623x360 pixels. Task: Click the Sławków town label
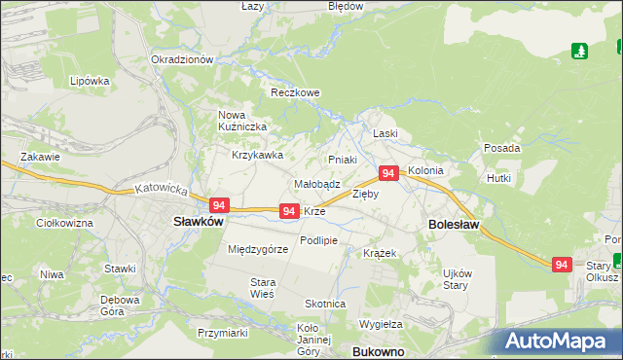click(199, 221)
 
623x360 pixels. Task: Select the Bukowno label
click(377, 351)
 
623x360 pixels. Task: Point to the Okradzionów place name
click(182, 59)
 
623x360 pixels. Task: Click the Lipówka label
click(89, 81)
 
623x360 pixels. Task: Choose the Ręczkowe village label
click(295, 93)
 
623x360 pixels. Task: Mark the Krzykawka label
click(257, 155)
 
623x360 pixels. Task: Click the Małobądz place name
click(316, 183)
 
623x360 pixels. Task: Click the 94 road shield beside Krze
click(288, 211)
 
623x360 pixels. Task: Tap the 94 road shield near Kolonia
click(387, 173)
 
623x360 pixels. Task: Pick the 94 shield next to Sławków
click(219, 205)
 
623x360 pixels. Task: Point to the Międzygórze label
click(258, 249)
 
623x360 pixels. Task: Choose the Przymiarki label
click(223, 333)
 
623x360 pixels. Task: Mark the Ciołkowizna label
click(63, 223)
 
